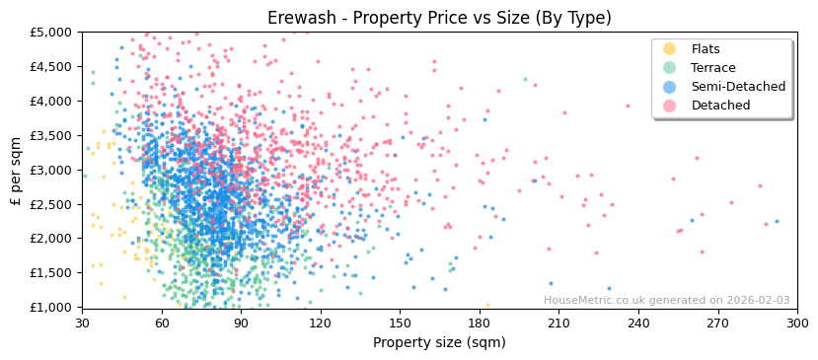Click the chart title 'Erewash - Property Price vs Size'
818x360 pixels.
(439, 18)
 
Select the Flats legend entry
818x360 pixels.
(706, 49)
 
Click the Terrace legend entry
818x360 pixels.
(711, 68)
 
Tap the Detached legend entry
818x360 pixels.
(720, 106)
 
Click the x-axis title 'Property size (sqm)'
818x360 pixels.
(439, 343)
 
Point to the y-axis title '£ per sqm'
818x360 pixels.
(16, 170)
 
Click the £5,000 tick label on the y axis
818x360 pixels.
(51, 32)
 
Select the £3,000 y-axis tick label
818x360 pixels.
(51, 170)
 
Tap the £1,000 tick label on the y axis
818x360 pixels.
(51, 307)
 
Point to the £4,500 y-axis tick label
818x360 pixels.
(51, 66)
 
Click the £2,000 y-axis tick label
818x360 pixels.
(51, 239)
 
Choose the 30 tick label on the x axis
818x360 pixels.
(82, 323)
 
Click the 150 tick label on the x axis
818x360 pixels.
(400, 323)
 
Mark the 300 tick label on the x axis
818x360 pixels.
(797, 323)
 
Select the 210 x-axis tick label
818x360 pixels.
(558, 323)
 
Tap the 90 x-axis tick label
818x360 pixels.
(241, 323)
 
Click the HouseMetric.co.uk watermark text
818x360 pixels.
(666, 301)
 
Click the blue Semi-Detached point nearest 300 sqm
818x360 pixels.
(777, 221)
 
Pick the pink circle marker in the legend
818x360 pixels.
(670, 106)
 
